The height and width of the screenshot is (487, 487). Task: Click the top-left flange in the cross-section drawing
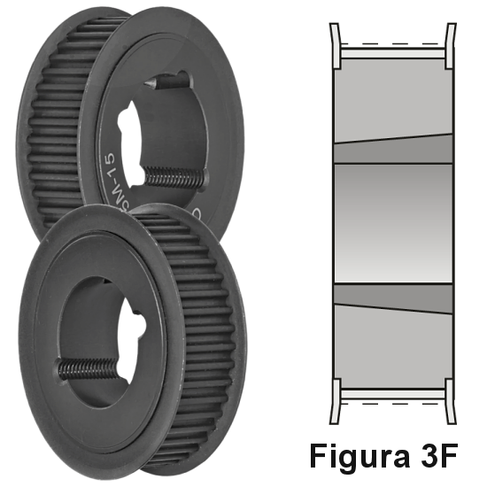tap(335, 44)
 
